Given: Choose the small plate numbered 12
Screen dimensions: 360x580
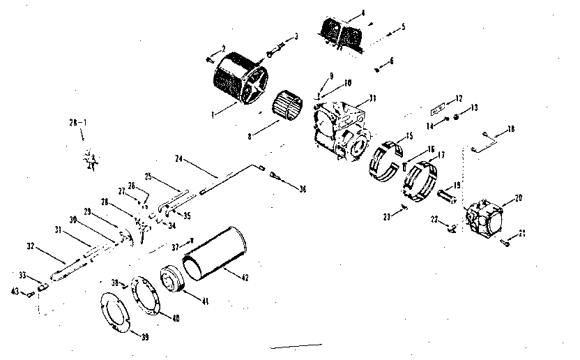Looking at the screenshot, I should point(438,110).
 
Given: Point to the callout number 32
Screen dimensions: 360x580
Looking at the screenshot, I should point(30,245).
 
